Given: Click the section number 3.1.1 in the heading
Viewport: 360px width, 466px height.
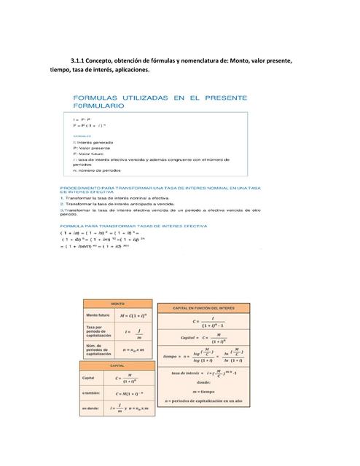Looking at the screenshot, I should [78, 60].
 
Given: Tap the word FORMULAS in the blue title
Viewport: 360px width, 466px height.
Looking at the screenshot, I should [94, 98].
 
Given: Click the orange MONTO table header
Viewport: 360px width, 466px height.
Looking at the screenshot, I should [117, 303].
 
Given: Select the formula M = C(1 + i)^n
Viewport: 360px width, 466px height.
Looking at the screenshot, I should [132, 315].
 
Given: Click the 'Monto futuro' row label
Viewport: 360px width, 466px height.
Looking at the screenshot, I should [97, 315].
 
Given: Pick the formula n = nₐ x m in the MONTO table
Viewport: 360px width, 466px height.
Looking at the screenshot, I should [133, 350].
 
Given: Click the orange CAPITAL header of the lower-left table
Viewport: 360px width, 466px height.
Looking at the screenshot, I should [117, 366].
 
